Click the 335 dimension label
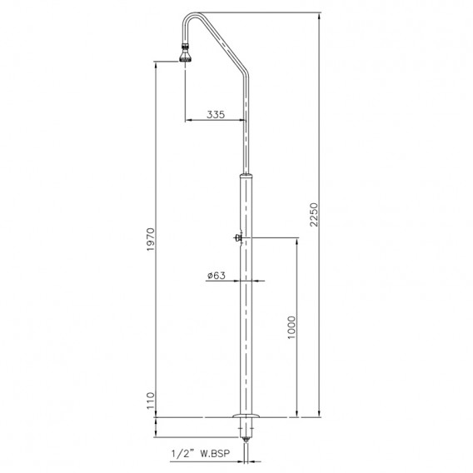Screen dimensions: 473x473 [x=216, y=114]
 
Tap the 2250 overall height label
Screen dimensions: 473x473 [x=314, y=215]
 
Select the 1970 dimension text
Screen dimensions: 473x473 [x=151, y=240]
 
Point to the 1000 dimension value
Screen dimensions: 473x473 [x=291, y=327]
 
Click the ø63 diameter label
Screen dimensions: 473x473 [x=217, y=276]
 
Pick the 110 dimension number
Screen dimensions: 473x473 [x=151, y=401]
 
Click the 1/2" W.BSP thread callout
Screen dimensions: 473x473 [x=201, y=453]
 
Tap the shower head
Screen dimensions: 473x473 [x=186, y=56]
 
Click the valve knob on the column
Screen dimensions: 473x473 [x=237, y=237]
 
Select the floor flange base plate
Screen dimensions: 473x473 [x=246, y=416]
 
